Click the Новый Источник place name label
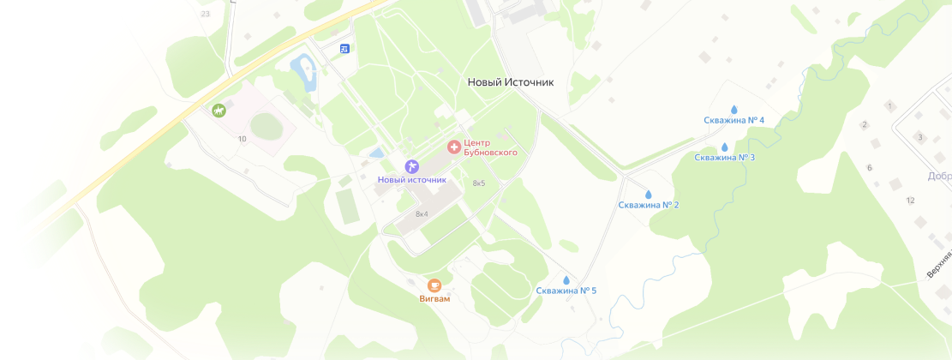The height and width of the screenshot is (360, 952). click(511, 82)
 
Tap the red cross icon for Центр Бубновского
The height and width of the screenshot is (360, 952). click(453, 147)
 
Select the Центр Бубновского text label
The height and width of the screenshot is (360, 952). click(489, 147)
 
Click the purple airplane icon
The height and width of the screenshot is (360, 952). click(412, 165)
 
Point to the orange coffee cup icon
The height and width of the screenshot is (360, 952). click(434, 285)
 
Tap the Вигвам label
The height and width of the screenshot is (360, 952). click(434, 299)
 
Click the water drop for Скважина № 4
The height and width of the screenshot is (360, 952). click(733, 109)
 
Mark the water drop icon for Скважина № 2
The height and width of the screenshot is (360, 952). click(648, 195)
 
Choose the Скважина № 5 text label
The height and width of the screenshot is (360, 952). click(566, 291)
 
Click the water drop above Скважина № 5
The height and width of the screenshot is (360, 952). click(566, 279)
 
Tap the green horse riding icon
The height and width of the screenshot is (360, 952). click(219, 110)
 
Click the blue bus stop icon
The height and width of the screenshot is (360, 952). click(344, 48)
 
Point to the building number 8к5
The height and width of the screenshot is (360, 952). click(479, 183)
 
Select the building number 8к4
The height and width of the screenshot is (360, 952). click(422, 213)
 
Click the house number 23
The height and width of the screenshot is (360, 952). click(205, 14)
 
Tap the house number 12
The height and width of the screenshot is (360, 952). click(910, 200)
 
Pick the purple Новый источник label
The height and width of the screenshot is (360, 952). click(412, 180)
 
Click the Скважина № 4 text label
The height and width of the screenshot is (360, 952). click(733, 120)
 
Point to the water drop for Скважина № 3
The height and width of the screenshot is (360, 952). click(724, 147)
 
